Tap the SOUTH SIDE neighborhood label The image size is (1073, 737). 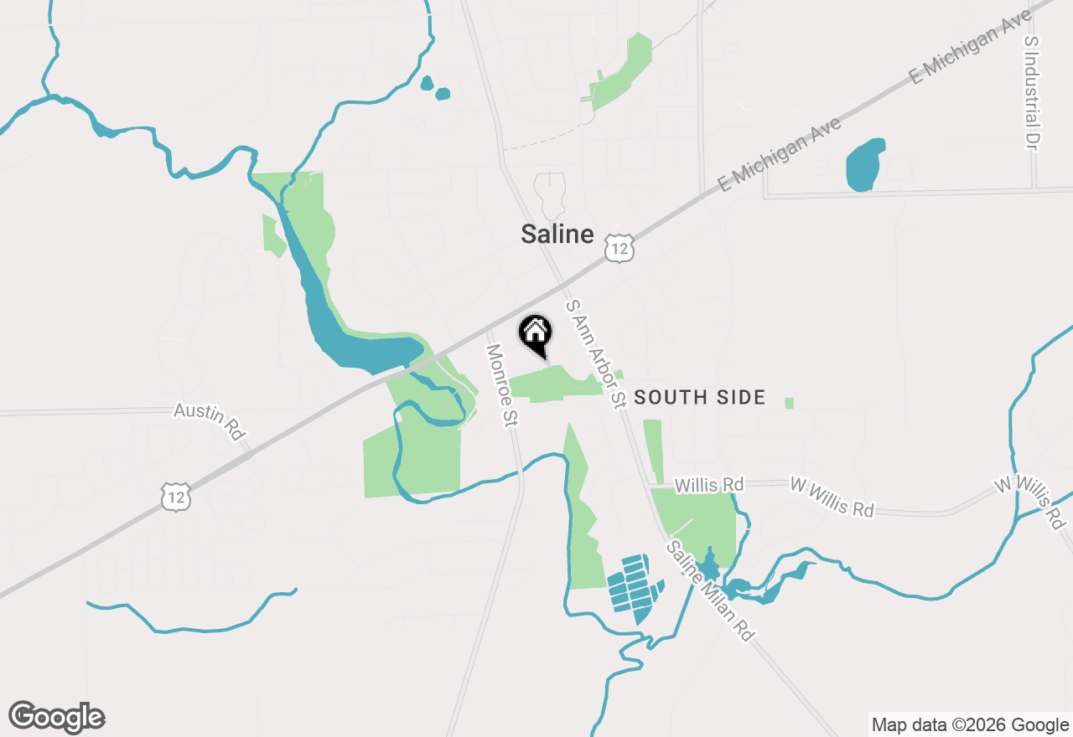[x=699, y=397]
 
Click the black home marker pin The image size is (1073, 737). [x=536, y=333]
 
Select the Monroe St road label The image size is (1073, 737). [x=500, y=386]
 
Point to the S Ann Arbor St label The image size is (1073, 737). [x=597, y=354]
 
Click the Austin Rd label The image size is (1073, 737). [x=210, y=421]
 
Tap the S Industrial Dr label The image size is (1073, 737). [x=1031, y=92]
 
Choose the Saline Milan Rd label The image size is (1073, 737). [x=710, y=590]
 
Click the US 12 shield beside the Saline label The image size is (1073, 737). [x=619, y=248]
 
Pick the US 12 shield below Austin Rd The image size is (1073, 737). [x=177, y=497]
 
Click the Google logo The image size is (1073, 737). [x=56, y=717]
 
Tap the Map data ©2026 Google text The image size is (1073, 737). [x=970, y=724]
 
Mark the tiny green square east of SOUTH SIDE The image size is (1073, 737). [x=789, y=403]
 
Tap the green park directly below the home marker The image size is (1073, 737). [x=553, y=384]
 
